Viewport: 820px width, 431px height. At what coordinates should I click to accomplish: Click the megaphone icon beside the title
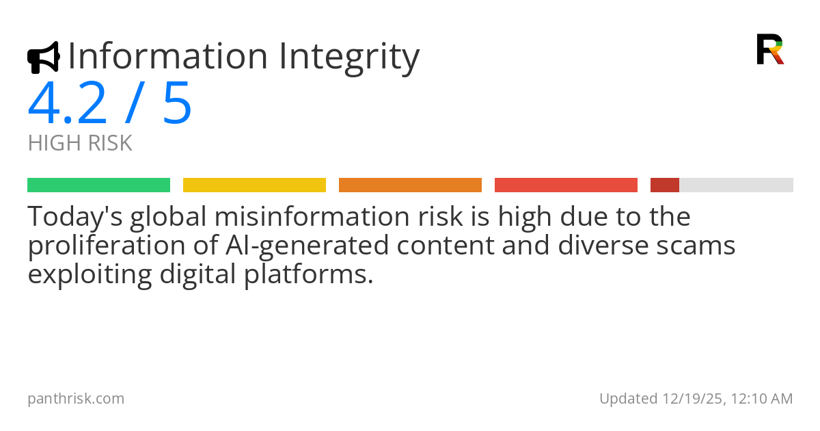click(43, 57)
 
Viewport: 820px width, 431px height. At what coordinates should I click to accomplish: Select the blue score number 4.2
click(68, 104)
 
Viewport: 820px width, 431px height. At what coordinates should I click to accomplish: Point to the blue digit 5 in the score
click(177, 104)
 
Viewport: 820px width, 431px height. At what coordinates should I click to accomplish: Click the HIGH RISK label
click(80, 144)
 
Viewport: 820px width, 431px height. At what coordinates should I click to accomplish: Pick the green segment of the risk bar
click(98, 185)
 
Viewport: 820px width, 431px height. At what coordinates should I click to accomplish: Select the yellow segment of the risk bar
click(254, 185)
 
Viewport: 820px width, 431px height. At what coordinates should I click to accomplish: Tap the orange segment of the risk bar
click(410, 185)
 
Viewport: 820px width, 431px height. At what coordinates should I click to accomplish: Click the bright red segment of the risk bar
click(566, 185)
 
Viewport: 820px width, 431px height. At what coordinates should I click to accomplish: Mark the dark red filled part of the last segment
click(664, 185)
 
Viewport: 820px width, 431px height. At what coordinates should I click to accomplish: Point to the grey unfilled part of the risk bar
click(736, 185)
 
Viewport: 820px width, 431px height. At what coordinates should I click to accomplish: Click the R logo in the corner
click(769, 49)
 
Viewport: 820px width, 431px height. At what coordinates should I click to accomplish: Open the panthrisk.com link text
click(76, 398)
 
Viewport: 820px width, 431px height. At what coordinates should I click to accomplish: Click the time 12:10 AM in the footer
click(761, 398)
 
